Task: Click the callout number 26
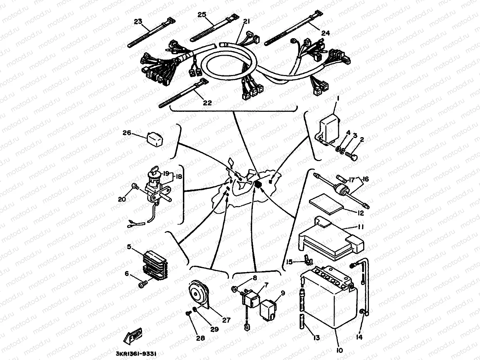point(127,133)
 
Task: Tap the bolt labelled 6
point(142,284)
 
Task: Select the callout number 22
point(207,103)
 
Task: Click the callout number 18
point(178,176)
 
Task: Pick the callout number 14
point(360,337)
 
